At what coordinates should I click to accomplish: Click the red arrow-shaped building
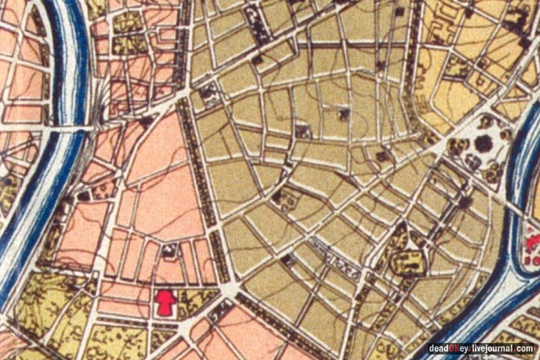tap(165, 302)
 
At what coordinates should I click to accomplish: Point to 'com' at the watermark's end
tap(525, 349)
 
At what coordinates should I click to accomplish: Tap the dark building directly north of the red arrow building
tap(169, 253)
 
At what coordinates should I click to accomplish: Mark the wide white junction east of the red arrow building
tap(227, 290)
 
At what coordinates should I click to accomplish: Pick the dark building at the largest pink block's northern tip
tap(146, 121)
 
